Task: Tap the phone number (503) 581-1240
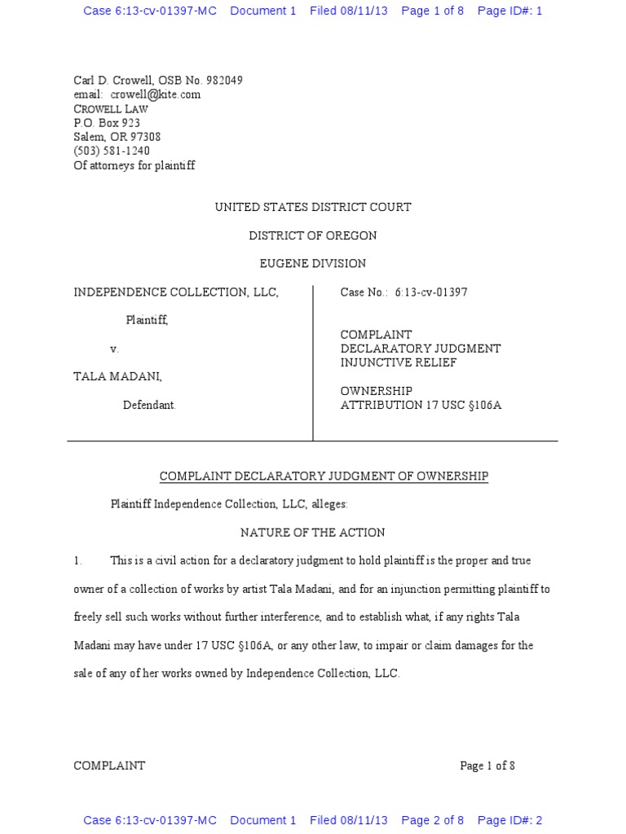click(x=112, y=151)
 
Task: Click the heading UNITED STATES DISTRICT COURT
click(x=313, y=208)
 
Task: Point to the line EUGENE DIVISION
click(x=313, y=264)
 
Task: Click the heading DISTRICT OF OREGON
click(x=313, y=236)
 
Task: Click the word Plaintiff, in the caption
click(x=147, y=321)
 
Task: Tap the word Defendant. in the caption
click(x=149, y=405)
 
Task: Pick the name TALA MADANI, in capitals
click(x=118, y=377)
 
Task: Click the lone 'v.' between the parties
click(x=115, y=349)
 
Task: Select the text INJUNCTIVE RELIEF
click(x=398, y=362)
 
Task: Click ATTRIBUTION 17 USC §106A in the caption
click(x=420, y=405)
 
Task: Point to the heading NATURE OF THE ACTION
click(x=312, y=533)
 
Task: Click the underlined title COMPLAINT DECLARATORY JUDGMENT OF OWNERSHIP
click(x=324, y=476)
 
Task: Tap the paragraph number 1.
click(x=78, y=561)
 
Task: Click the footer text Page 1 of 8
click(x=487, y=766)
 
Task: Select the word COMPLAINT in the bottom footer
click(x=109, y=766)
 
